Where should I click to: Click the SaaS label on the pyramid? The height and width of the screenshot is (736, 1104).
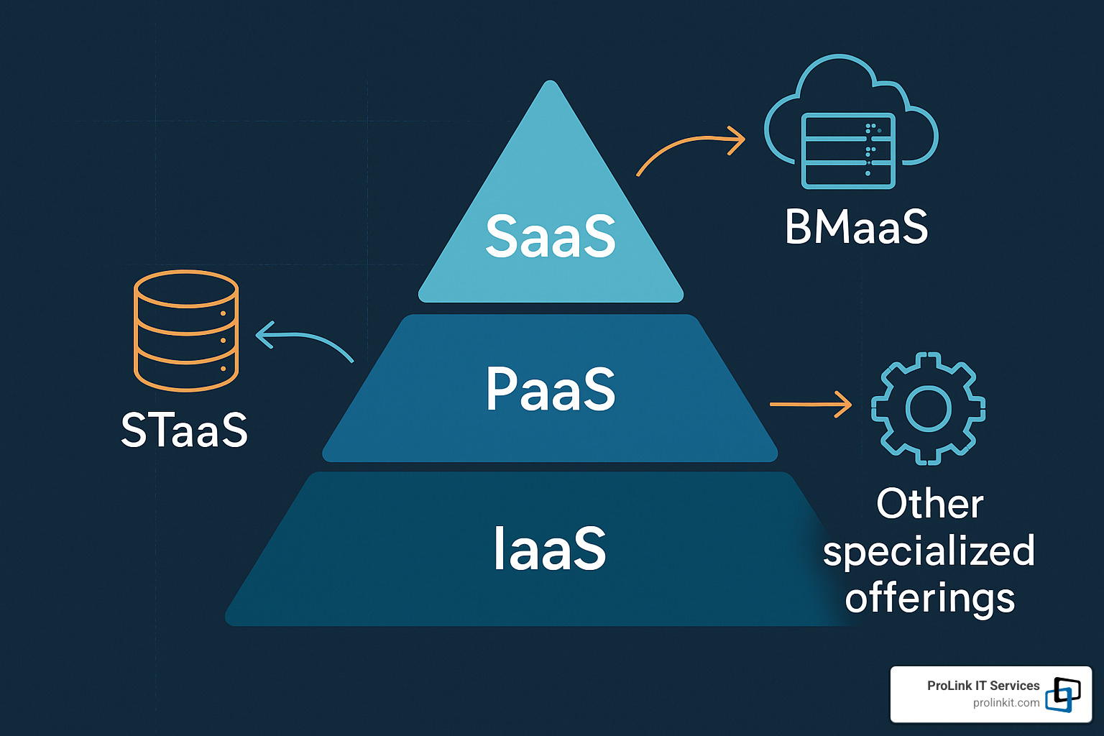pyautogui.click(x=551, y=236)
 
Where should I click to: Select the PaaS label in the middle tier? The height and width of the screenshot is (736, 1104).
pyautogui.click(x=551, y=389)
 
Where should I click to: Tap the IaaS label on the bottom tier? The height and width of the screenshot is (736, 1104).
pyautogui.click(x=550, y=548)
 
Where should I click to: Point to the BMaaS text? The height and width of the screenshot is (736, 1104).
pyautogui.click(x=856, y=227)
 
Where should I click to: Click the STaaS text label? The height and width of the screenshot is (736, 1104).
pyautogui.click(x=184, y=431)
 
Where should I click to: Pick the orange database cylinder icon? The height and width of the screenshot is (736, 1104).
pyautogui.click(x=186, y=331)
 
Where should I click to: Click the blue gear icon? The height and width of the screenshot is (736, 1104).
pyautogui.click(x=928, y=408)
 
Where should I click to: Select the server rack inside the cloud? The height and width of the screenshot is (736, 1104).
pyautogui.click(x=848, y=151)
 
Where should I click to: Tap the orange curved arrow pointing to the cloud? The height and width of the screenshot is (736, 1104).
pyautogui.click(x=690, y=147)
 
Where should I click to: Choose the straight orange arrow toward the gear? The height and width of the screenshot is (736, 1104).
pyautogui.click(x=810, y=404)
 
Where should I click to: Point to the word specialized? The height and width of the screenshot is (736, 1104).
pyautogui.click(x=929, y=552)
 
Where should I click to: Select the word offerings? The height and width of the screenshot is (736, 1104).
pyautogui.click(x=929, y=598)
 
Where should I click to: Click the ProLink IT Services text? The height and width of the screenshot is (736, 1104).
pyautogui.click(x=983, y=686)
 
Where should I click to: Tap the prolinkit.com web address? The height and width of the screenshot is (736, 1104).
pyautogui.click(x=1006, y=703)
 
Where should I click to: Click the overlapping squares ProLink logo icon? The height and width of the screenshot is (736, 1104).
pyautogui.click(x=1063, y=694)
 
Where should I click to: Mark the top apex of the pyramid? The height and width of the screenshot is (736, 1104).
pyautogui.click(x=551, y=83)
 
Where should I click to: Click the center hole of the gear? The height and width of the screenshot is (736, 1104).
pyautogui.click(x=929, y=408)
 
